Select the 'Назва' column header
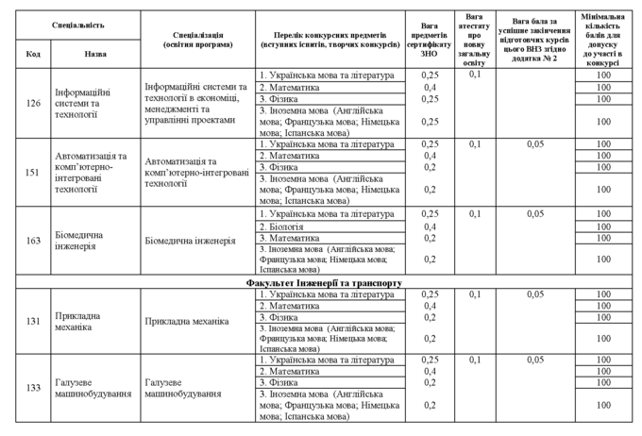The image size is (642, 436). [x=95, y=54]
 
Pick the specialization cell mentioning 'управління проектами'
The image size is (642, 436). [x=197, y=103]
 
